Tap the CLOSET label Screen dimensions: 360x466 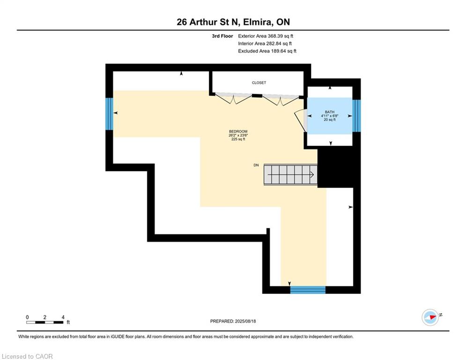pos(259,82)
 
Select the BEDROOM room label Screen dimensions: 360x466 pos(238,131)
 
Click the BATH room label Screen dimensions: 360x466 pos(330,112)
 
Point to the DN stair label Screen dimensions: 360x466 pos(256,165)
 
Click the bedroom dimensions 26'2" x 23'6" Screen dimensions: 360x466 pos(238,135)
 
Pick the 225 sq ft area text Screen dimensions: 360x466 pos(238,140)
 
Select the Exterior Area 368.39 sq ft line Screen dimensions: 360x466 pos(266,36)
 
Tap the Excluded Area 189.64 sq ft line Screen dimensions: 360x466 pos(267,51)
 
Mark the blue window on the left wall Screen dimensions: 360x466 pos(109,113)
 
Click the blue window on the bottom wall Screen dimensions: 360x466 pos(307,289)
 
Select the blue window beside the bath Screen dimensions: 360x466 pos(356,116)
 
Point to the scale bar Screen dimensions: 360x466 pos(45,322)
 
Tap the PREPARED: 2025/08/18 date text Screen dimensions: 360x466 pos(233,321)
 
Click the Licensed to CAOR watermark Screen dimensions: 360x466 pos(28,356)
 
